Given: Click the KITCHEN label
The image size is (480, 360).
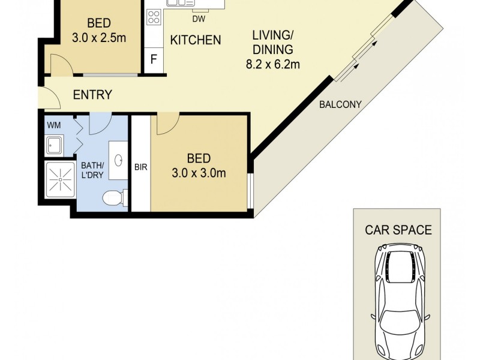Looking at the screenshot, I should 196,41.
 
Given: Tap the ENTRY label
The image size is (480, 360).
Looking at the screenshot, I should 92,94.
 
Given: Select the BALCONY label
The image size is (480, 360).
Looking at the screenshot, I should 340,104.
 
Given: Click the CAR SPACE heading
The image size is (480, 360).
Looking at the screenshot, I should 398,229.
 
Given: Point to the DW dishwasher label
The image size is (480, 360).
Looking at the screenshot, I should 199,19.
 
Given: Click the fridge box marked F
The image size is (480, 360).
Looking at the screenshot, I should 154,60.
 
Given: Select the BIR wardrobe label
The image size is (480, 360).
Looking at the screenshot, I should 140,167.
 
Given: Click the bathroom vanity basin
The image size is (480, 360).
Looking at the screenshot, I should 119,160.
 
